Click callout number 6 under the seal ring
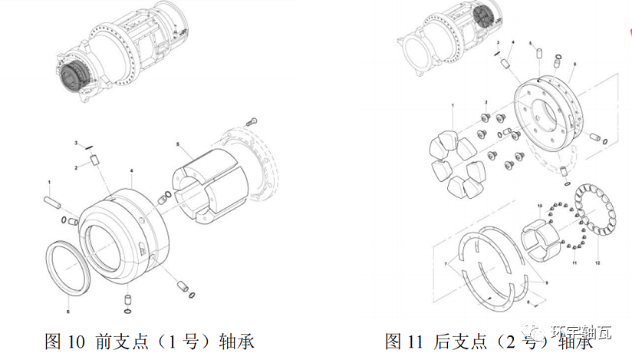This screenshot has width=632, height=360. [x=67, y=312]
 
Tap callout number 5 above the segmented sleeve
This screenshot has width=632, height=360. [x=177, y=144]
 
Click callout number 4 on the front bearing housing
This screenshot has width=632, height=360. [x=132, y=170]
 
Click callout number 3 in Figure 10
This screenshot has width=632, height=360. [x=76, y=144]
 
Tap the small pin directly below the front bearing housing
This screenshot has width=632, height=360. [x=128, y=299]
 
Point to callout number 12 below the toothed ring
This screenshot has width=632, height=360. [x=597, y=263]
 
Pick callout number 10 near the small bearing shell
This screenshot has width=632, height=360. [x=539, y=206]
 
